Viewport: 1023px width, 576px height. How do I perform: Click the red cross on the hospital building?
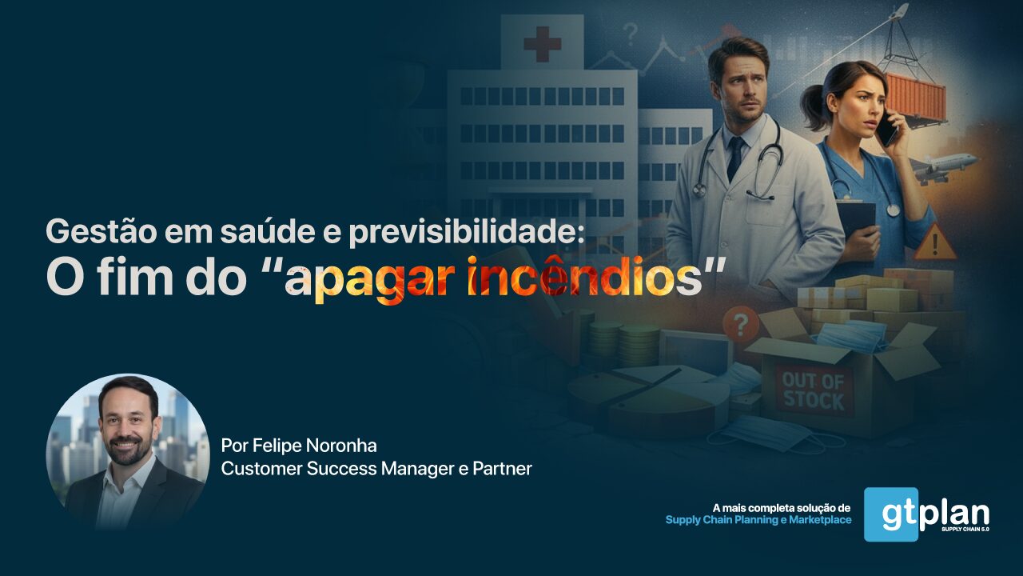pos(542,44)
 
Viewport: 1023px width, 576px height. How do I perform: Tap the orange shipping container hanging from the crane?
pos(916,98)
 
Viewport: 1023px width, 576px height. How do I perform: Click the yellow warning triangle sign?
pos(935,242)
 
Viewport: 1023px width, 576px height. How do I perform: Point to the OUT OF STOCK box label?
pos(814,391)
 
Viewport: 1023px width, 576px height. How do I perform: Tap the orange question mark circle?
pos(741,325)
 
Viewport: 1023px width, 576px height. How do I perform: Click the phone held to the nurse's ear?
pos(886,130)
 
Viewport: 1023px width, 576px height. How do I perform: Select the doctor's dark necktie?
pos(734,158)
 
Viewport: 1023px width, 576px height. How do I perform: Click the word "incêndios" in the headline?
pos(584,277)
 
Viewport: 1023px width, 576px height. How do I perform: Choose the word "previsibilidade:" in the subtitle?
pos(467,232)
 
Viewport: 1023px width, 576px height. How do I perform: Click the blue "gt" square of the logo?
pos(891,514)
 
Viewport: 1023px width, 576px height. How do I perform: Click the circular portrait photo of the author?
pos(128,452)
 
